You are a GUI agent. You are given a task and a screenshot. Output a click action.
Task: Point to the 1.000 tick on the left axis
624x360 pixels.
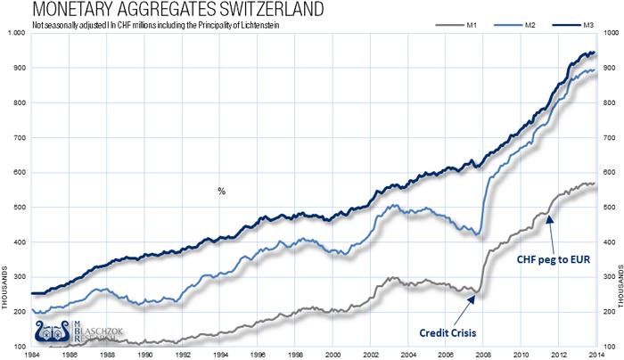pyautogui.click(x=15, y=34)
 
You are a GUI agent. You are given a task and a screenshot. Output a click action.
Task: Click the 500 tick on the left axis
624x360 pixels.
pyautogui.click(x=18, y=208)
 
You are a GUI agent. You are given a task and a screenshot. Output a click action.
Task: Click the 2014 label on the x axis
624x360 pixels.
pyautogui.click(x=595, y=354)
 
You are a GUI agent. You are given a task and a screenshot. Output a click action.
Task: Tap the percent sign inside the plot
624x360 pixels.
pyautogui.click(x=221, y=191)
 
